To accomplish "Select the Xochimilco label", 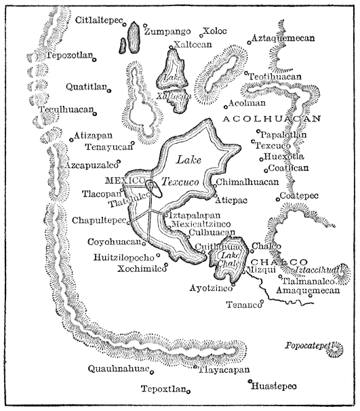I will coord(127,269).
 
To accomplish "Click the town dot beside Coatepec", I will coord(278,198).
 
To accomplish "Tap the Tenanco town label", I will coord(243,305).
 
